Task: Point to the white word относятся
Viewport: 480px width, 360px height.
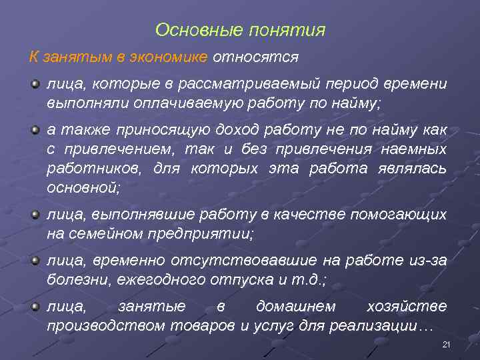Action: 255,57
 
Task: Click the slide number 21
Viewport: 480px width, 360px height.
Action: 447,344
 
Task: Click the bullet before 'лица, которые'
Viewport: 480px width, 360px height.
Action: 35,84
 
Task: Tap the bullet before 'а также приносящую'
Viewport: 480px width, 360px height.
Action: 35,128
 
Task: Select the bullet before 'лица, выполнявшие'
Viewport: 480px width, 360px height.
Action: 35,213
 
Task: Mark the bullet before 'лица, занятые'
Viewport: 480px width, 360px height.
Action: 35,305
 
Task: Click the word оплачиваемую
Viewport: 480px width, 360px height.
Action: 185,104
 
